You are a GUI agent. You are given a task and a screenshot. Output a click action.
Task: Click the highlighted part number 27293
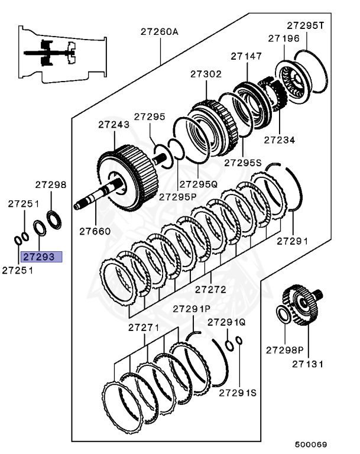coord(38,257)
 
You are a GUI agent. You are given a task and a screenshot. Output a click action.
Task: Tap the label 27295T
coord(306,25)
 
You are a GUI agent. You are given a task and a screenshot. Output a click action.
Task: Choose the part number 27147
coord(246,57)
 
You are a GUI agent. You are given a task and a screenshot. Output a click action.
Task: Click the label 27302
coord(205,74)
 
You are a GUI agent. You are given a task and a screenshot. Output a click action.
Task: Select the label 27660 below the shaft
coord(94,231)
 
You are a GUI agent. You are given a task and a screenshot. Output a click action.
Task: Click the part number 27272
coord(210,290)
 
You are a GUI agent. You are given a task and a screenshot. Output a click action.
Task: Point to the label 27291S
coord(238,393)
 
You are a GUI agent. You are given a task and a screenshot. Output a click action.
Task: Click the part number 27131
coord(307,364)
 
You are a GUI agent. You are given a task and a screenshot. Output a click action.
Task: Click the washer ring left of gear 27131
coord(283,314)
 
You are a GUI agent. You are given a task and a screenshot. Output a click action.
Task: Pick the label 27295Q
coord(199,184)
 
